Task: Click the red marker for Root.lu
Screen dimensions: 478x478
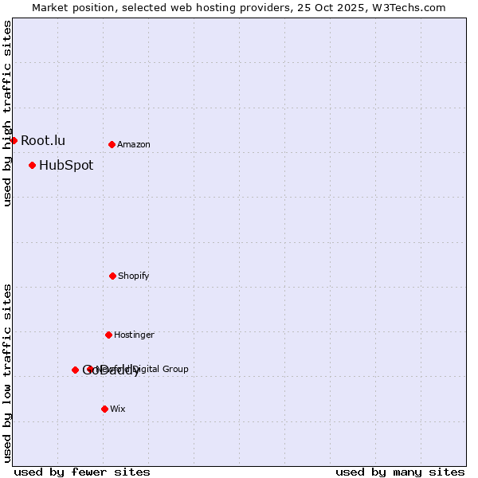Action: click(x=14, y=140)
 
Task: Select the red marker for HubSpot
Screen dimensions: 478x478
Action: click(x=32, y=165)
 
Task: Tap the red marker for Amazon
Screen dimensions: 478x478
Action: click(x=112, y=144)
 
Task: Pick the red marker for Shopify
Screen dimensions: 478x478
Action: click(x=112, y=276)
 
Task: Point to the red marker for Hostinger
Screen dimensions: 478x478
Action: click(x=108, y=335)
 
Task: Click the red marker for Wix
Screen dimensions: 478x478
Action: click(x=104, y=409)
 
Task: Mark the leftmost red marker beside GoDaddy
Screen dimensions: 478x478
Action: click(x=75, y=370)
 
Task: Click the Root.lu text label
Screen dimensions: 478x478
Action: click(x=43, y=140)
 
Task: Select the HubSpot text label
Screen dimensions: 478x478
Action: click(x=66, y=166)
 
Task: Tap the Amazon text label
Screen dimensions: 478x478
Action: click(x=134, y=145)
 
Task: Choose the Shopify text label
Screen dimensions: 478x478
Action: click(x=134, y=276)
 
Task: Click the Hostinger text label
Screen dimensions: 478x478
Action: click(x=134, y=335)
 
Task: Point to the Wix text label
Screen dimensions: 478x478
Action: click(x=118, y=409)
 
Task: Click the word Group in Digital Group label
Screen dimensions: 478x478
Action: click(x=175, y=369)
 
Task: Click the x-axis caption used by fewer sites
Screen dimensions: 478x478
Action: click(x=82, y=472)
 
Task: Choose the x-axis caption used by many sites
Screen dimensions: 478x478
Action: click(x=400, y=472)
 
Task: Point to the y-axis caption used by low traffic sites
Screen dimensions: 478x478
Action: click(x=7, y=373)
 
